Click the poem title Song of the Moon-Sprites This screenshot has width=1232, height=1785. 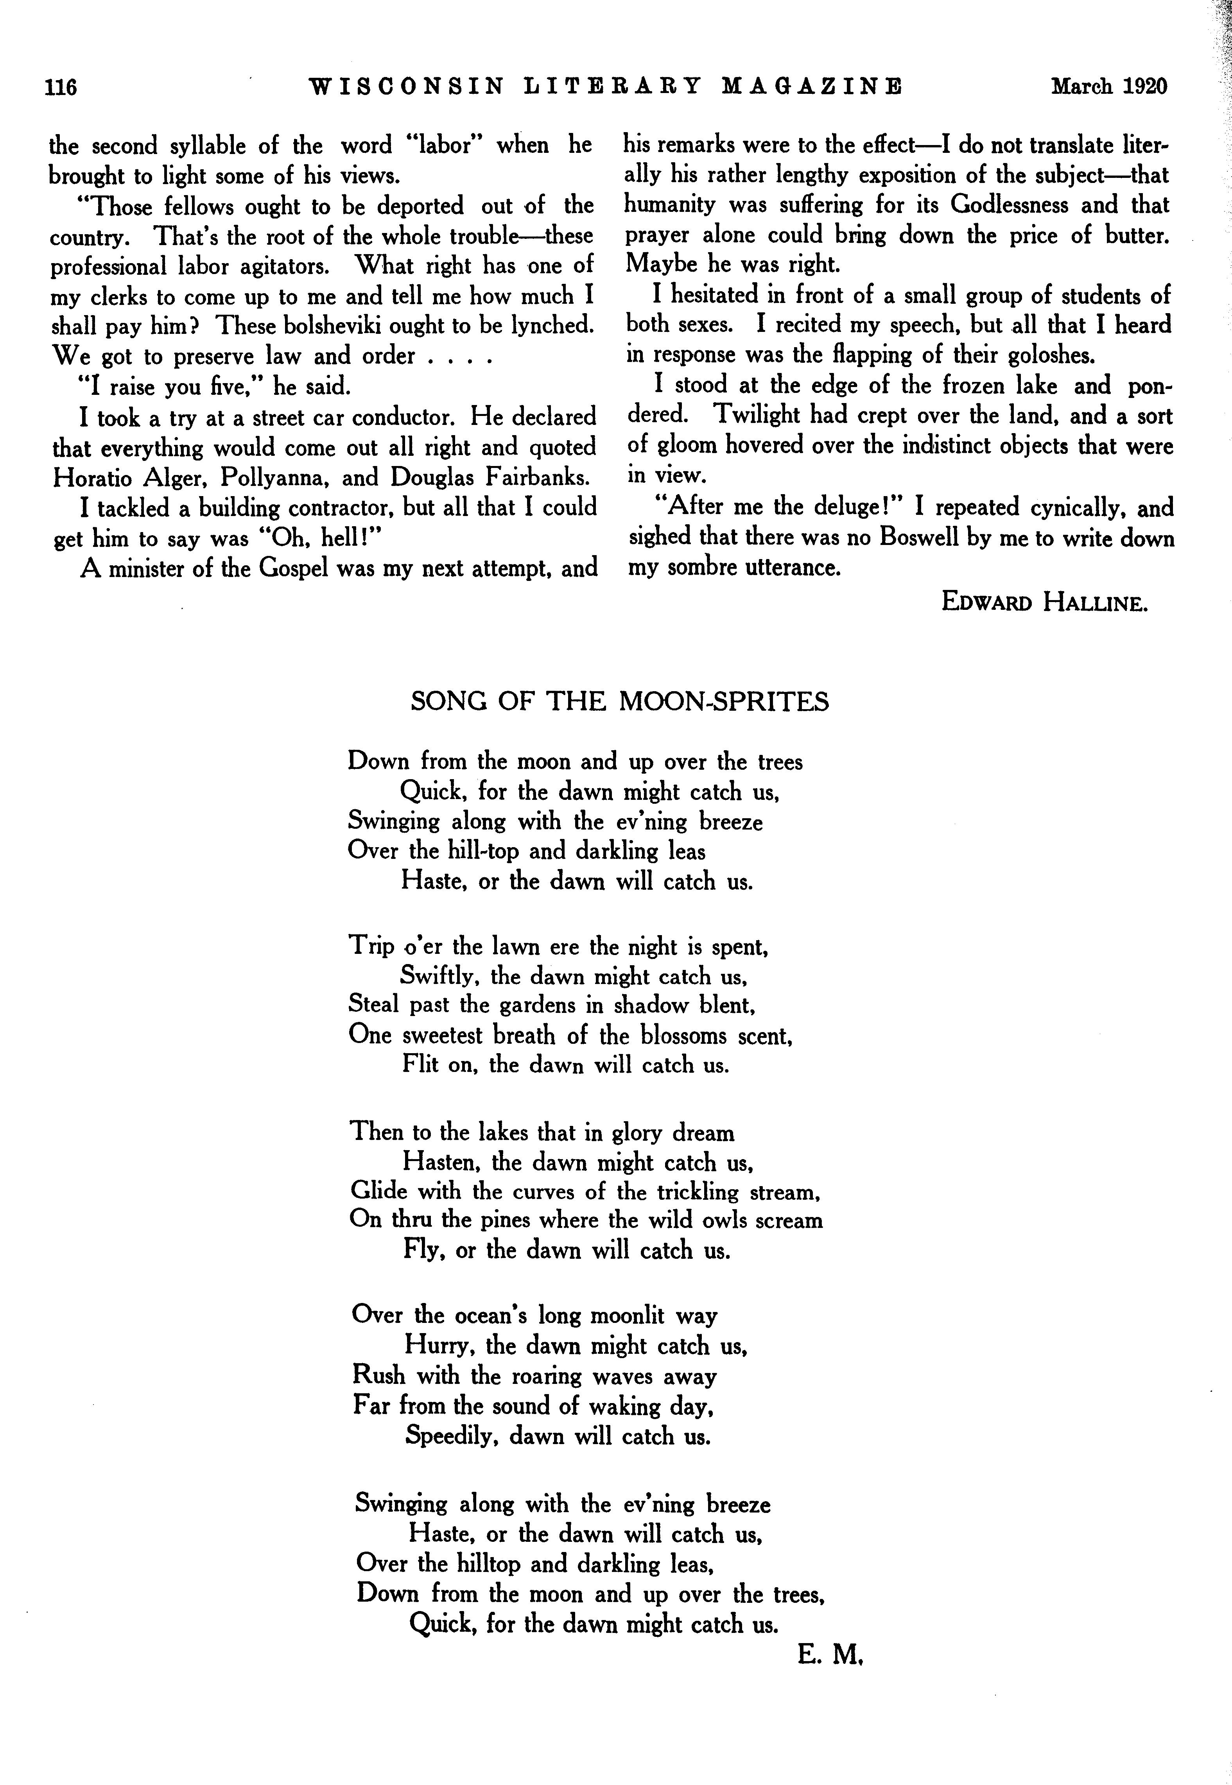[619, 701]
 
